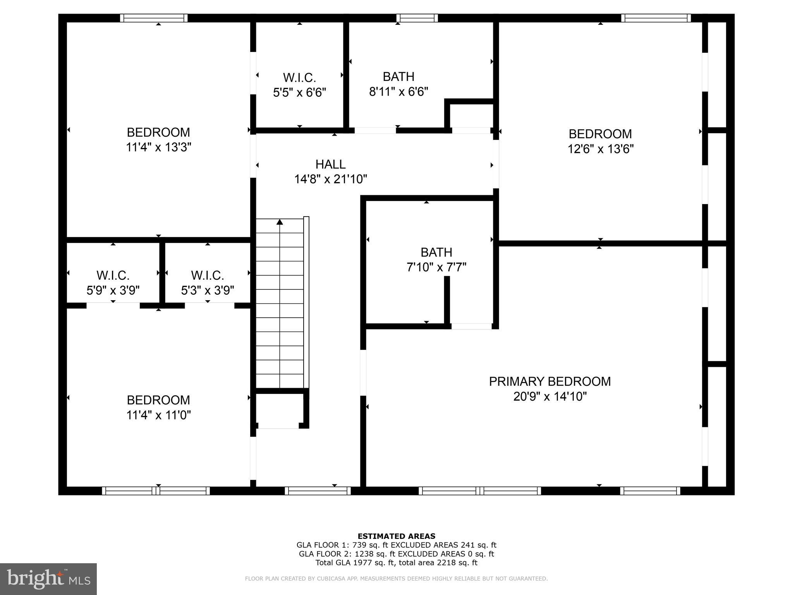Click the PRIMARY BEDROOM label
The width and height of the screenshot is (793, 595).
549,382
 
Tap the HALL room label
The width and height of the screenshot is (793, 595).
330,164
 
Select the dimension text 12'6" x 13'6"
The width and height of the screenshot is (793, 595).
600,149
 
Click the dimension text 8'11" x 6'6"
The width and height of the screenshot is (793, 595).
398,92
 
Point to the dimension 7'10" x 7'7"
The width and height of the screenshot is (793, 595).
436,267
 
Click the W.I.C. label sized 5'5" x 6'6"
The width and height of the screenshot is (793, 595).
299,77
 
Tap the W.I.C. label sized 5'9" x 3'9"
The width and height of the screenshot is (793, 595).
113,275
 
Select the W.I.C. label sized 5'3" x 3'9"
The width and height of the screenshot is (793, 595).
207,275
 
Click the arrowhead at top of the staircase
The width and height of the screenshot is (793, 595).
280,222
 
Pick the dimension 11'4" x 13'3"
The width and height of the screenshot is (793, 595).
158,148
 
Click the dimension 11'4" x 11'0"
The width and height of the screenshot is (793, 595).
158,415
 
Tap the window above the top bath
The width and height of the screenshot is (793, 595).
417,18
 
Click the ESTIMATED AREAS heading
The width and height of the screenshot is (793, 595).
396,536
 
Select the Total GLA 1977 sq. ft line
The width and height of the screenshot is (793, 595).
396,563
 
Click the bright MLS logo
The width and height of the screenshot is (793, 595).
48,579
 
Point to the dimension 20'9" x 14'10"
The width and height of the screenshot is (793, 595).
550,397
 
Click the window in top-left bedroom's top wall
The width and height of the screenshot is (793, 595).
154,18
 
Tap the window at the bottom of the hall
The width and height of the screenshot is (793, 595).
318,491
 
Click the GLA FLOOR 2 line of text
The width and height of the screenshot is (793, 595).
396,554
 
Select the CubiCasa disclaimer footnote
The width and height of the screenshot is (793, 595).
396,579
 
